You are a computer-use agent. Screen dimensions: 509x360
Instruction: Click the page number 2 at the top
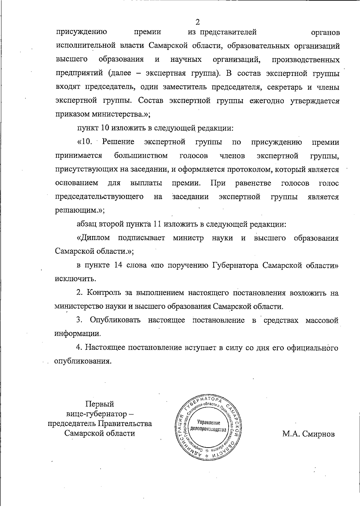(x=198, y=22)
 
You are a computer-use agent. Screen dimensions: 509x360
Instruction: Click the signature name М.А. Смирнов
(x=308, y=434)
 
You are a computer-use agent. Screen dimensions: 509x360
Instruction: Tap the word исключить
(x=75, y=279)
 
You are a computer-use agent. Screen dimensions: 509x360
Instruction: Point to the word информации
(x=77, y=334)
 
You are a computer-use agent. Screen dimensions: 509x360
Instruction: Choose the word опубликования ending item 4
(x=82, y=361)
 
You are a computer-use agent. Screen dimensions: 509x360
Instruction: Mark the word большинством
(x=141, y=156)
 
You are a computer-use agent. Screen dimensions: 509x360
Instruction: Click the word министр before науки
(x=188, y=238)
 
